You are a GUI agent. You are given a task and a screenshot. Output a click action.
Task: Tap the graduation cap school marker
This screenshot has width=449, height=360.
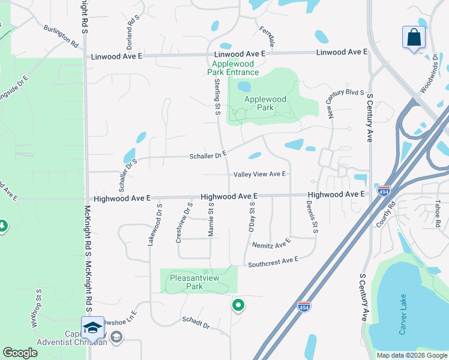(92, 328)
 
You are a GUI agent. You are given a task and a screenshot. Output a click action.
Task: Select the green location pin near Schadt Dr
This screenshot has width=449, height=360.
(238, 305)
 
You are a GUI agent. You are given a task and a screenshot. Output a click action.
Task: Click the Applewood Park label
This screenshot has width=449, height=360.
(265, 103)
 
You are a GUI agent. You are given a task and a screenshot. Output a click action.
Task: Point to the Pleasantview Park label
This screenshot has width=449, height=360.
(194, 282)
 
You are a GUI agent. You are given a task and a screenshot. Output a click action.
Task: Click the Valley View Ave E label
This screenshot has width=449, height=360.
(259, 174)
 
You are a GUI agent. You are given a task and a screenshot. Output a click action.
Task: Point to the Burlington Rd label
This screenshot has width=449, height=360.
(61, 36)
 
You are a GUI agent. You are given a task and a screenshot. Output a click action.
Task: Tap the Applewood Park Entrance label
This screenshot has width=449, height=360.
(234, 68)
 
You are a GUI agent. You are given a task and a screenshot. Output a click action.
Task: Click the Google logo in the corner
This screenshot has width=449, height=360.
(20, 353)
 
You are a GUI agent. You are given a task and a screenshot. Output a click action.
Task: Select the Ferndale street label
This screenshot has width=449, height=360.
(267, 37)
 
